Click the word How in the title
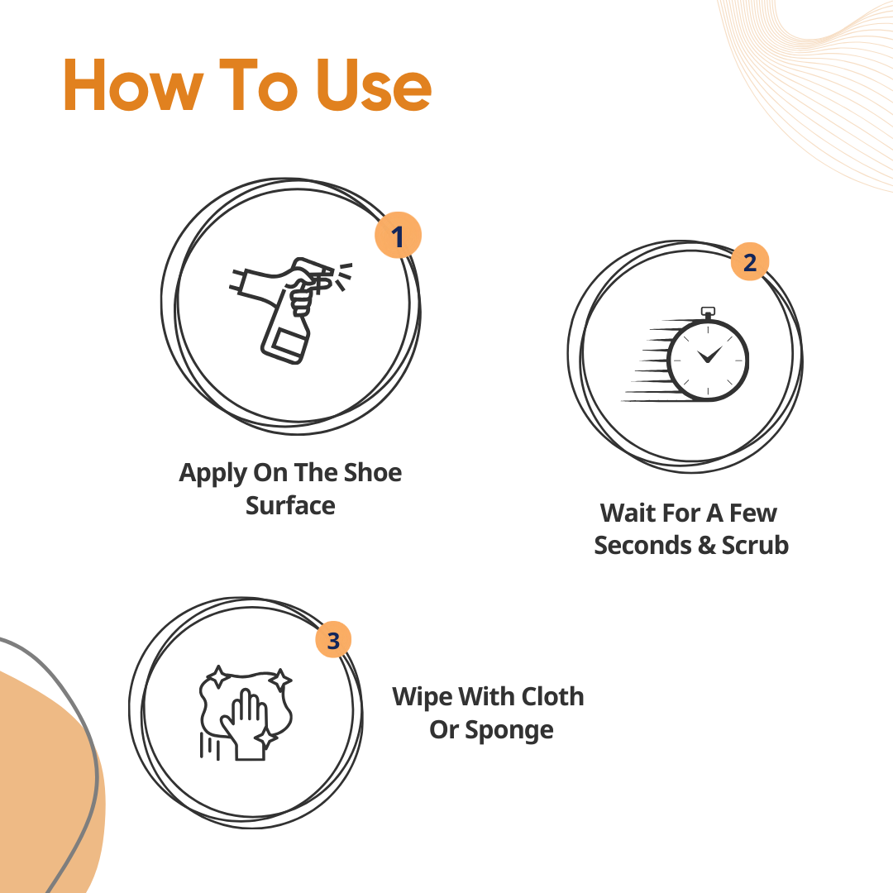(x=133, y=85)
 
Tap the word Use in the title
(x=374, y=85)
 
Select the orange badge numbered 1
(x=398, y=235)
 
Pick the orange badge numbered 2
(x=750, y=261)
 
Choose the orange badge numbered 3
(x=333, y=639)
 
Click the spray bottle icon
(x=290, y=310)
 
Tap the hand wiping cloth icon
(x=246, y=712)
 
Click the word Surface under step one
(x=290, y=506)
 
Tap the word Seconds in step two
(x=642, y=545)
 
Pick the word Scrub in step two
(x=755, y=545)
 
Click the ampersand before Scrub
(x=706, y=546)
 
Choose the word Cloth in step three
(x=552, y=696)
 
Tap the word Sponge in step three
(x=509, y=731)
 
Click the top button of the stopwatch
(x=708, y=311)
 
